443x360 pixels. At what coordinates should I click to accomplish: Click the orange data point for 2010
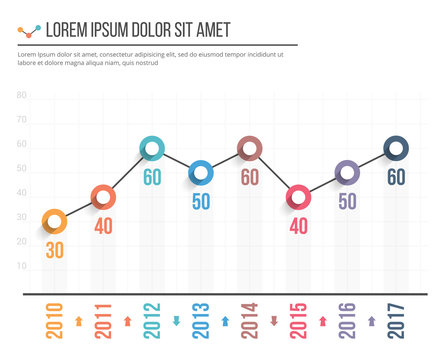click(54, 221)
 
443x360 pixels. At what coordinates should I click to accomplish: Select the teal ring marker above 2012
click(152, 149)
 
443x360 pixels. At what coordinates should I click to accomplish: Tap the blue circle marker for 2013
click(201, 173)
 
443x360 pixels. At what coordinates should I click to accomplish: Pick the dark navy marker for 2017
click(396, 149)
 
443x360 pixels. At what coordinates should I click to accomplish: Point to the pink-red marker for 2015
click(298, 197)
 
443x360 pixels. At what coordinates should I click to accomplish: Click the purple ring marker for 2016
click(347, 173)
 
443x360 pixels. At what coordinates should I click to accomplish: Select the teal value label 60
click(152, 178)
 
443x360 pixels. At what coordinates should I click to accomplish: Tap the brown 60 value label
click(250, 177)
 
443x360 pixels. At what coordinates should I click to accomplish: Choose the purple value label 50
click(347, 201)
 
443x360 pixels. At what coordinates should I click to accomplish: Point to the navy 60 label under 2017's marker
click(396, 177)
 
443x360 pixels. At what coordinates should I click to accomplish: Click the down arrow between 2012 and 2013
click(177, 321)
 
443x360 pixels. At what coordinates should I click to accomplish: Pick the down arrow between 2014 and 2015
click(274, 321)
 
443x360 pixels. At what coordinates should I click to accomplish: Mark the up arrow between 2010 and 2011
click(79, 321)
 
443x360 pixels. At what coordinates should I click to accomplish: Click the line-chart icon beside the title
click(29, 31)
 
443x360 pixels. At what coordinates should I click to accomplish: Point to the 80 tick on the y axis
click(21, 97)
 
